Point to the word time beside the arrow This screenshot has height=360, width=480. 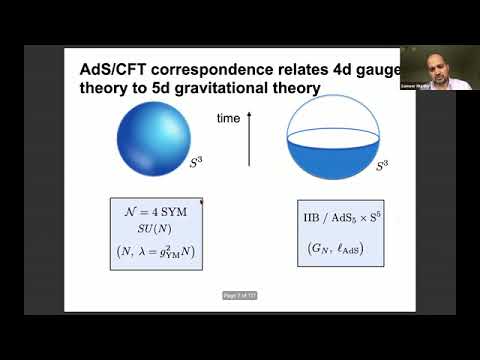229,118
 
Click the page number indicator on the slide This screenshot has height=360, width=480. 240,294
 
